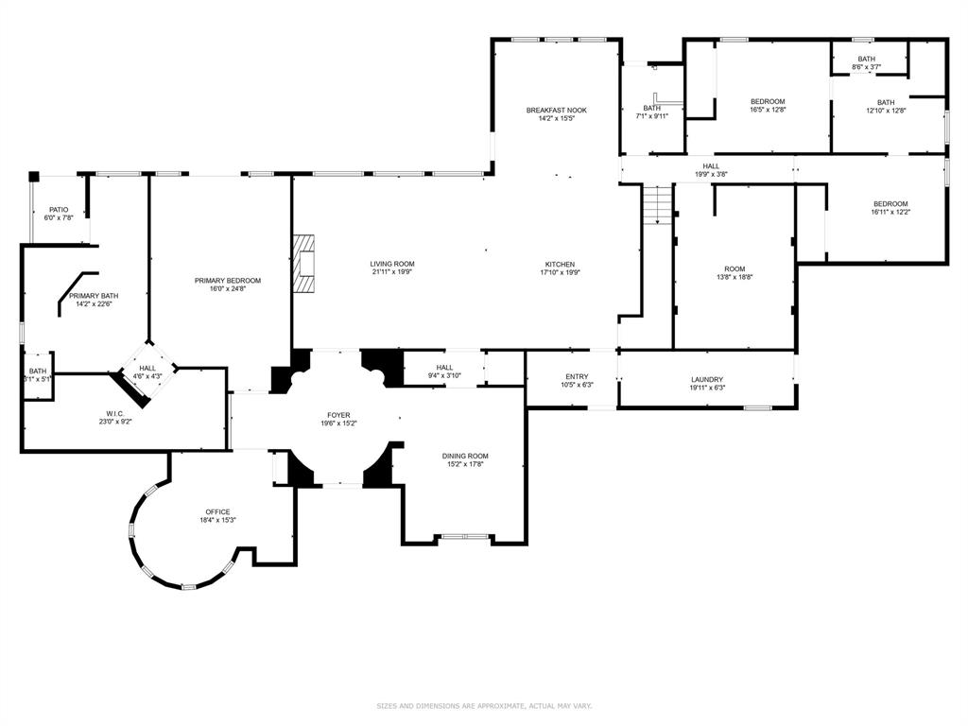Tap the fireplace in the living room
[x=303, y=266]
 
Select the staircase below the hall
[x=657, y=204]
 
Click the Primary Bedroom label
[x=227, y=281]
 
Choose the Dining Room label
[x=465, y=456]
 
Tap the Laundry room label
[x=707, y=380]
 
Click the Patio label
[x=59, y=210]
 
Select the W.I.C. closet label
[x=115, y=413]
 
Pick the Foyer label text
[x=338, y=415]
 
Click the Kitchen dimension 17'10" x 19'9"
[x=560, y=273]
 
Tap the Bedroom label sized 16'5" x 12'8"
[x=768, y=101]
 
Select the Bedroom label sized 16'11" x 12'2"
[x=890, y=204]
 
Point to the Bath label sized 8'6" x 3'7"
[x=867, y=59]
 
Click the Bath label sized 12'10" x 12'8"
[x=886, y=102]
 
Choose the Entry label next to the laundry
[x=577, y=376]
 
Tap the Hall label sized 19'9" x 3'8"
[x=711, y=166]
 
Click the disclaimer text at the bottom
[x=484, y=705]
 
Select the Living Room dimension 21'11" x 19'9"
[x=391, y=273]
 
